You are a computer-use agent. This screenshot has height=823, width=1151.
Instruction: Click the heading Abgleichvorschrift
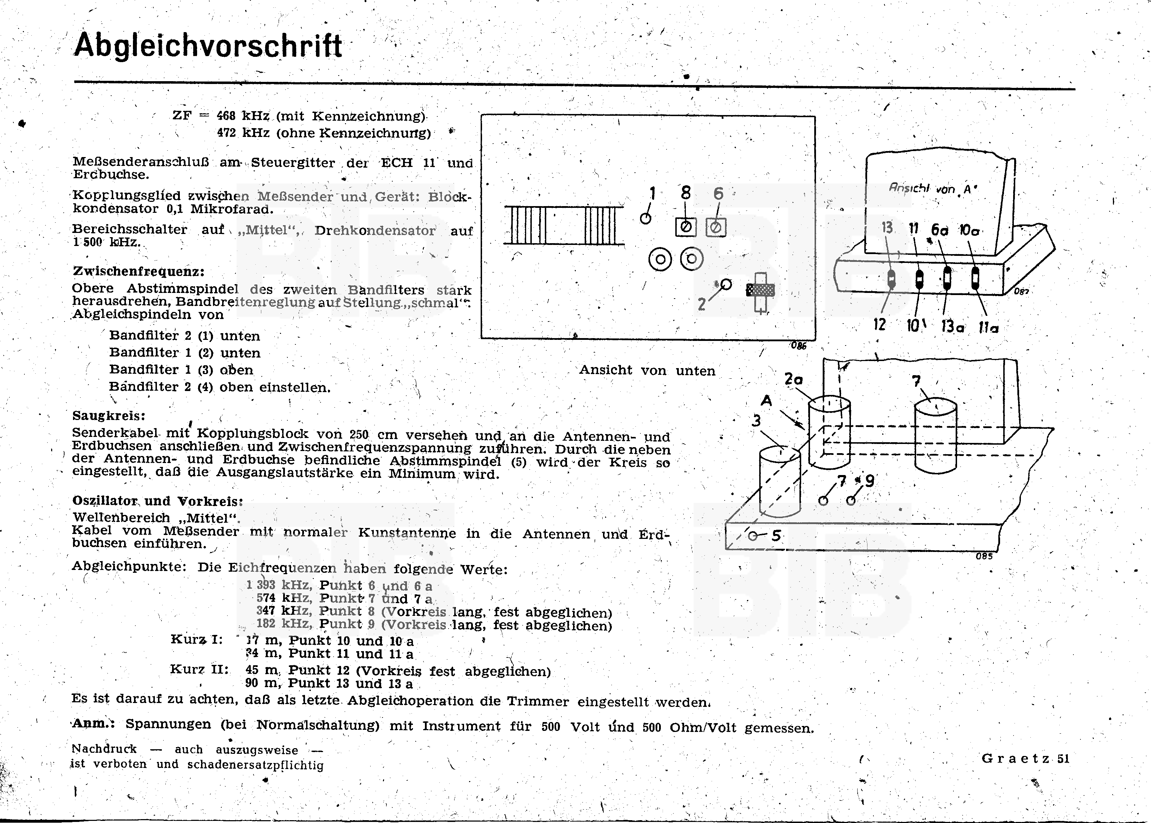(x=208, y=46)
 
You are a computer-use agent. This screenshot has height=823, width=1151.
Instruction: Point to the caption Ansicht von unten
(x=647, y=371)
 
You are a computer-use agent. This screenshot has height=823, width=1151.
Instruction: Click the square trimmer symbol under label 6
(x=716, y=228)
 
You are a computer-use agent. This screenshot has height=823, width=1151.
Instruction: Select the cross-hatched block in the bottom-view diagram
(x=761, y=290)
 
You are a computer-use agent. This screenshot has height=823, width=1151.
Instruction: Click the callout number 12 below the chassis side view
(x=879, y=324)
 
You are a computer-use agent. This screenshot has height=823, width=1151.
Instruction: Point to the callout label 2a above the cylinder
(x=793, y=379)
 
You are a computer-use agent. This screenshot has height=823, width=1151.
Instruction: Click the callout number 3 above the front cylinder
(x=756, y=421)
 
